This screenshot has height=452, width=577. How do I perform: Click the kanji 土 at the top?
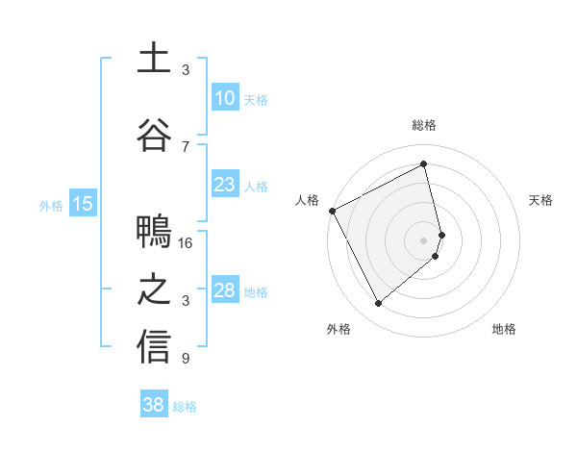(154, 59)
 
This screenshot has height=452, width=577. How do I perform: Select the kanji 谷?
(154, 131)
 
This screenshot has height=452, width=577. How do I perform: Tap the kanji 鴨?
(154, 233)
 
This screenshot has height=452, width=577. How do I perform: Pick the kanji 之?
(154, 289)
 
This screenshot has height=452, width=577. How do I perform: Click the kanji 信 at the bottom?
(154, 346)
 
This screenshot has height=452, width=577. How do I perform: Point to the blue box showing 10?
(224, 98)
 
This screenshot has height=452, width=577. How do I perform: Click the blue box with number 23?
(224, 185)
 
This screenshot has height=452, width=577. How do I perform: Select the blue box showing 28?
(224, 290)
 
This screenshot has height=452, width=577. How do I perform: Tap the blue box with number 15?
(83, 204)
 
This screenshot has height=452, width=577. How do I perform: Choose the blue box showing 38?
(154, 406)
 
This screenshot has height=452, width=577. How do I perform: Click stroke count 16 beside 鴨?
(187, 243)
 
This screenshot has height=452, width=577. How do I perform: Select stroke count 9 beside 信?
(186, 359)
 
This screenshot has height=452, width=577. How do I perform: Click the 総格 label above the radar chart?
(424, 125)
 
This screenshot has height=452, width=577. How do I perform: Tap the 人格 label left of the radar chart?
(308, 200)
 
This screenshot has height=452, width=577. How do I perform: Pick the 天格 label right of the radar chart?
(541, 200)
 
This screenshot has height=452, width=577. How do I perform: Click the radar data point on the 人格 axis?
(332, 210)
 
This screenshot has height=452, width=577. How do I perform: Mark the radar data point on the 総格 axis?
(424, 164)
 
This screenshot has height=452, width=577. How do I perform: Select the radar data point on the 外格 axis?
(379, 303)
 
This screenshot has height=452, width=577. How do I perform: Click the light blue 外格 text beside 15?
(50, 205)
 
